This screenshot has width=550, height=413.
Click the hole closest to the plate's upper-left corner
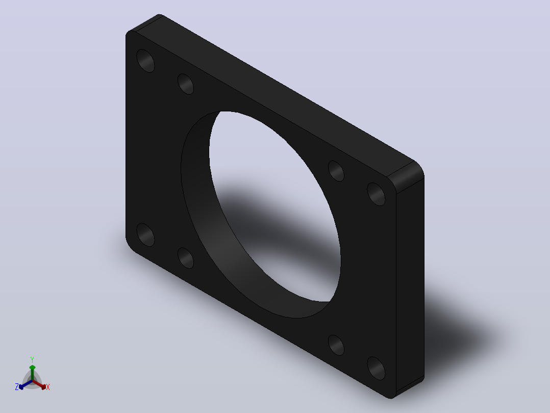click(x=145, y=61)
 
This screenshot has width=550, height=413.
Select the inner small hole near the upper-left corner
click(x=186, y=84)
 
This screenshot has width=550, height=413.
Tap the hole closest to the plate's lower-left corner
click(x=145, y=235)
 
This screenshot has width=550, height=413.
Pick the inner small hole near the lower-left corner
click(x=186, y=258)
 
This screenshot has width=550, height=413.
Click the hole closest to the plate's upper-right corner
click(x=376, y=194)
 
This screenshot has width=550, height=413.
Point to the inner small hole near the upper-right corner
click(x=336, y=171)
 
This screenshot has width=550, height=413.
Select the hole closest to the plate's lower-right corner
click(x=376, y=368)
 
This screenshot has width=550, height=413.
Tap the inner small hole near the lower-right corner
click(x=336, y=345)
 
